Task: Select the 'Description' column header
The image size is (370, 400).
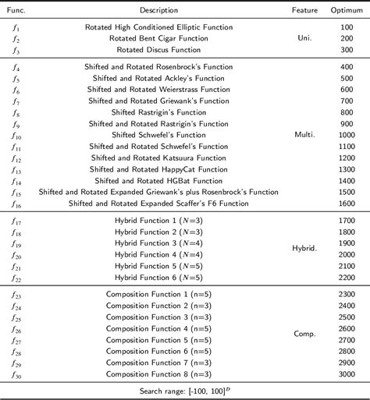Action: (158, 9)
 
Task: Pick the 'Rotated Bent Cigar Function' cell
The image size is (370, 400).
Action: (158, 37)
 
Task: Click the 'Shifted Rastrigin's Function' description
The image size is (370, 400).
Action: (158, 112)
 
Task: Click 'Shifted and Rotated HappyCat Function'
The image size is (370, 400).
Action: (158, 168)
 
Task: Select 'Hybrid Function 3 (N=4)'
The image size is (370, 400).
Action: (158, 243)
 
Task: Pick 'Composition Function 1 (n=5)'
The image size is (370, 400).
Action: (158, 294)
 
